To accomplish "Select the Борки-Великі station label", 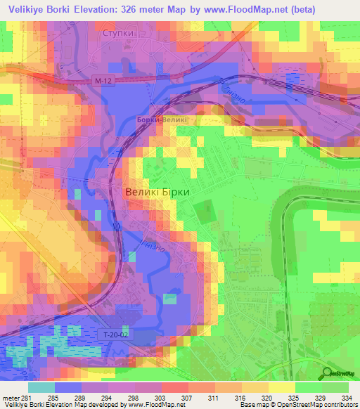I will [162, 120].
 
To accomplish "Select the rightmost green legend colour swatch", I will [335, 387].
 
